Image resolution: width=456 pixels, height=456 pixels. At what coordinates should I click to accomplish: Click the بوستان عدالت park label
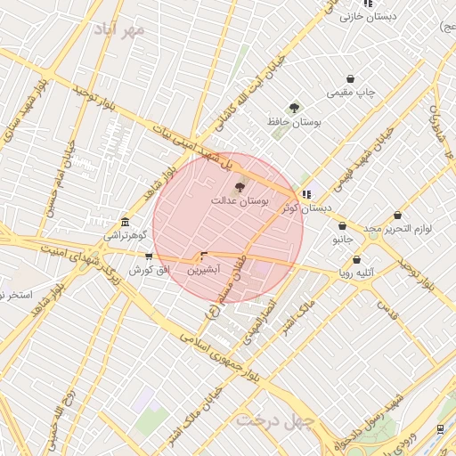point(240,201)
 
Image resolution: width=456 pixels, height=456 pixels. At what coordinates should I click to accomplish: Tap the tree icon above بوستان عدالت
point(239,187)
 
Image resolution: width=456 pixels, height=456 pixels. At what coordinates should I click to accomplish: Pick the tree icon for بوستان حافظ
point(294,107)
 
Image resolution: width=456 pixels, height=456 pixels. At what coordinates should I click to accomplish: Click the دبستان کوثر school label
point(305,208)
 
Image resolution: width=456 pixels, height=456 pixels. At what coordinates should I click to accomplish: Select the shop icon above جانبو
point(342,226)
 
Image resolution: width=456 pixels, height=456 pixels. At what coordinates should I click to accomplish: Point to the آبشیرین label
point(206,268)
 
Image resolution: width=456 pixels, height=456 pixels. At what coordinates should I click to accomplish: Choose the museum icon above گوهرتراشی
point(124,222)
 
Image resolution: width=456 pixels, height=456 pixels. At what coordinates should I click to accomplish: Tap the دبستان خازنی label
point(367,16)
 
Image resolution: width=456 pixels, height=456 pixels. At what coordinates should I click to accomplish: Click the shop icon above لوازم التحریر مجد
point(397,215)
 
